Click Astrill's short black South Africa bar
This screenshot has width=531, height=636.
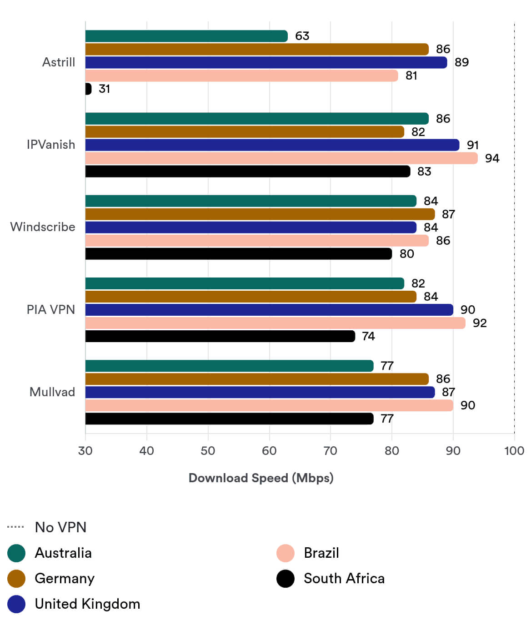coord(88,89)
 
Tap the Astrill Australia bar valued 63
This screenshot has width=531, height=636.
coord(186,36)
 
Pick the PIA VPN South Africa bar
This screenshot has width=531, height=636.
coord(220,336)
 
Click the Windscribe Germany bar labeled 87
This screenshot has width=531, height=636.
coord(260,214)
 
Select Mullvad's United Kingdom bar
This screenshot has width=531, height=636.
coord(260,392)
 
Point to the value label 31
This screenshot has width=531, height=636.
coord(105,89)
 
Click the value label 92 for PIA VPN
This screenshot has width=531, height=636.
coord(480,323)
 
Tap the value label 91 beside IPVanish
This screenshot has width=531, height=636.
coord(473,145)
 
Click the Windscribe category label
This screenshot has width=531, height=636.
coord(43,227)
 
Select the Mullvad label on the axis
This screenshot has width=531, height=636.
coord(52,392)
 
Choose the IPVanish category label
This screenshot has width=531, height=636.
coord(51,145)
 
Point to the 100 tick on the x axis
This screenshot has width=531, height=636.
coord(514,451)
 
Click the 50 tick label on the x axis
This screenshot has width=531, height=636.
coord(208,451)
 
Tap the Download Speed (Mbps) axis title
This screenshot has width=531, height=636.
coord(261,478)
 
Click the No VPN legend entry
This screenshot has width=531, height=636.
coord(60,527)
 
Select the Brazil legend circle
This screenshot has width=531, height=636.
coord(286,553)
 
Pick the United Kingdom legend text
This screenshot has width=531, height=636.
coord(87,604)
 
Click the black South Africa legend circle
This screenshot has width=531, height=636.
coord(286,579)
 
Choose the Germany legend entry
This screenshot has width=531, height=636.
coord(64,579)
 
